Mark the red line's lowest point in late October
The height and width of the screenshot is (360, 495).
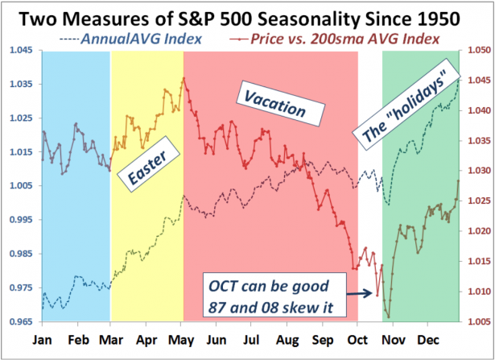pyautogui.click(x=387, y=317)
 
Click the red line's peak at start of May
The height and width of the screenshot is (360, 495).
pyautogui.click(x=184, y=78)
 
